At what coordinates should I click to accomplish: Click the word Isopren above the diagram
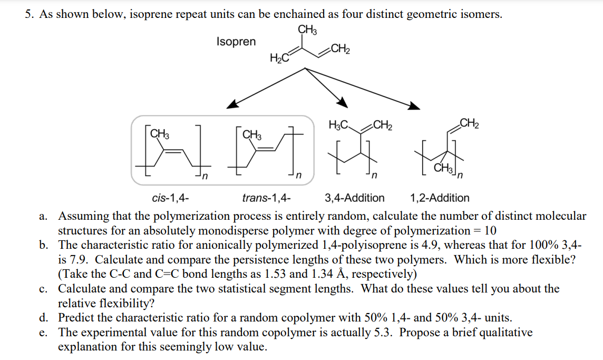[x=236, y=42]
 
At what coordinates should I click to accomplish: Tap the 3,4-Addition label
[x=355, y=198]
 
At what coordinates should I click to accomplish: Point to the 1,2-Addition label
[x=440, y=198]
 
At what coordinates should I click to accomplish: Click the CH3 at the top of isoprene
[x=307, y=30]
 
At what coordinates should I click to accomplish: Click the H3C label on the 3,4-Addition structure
[x=338, y=125]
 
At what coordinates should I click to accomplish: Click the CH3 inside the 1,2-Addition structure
[x=443, y=169]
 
